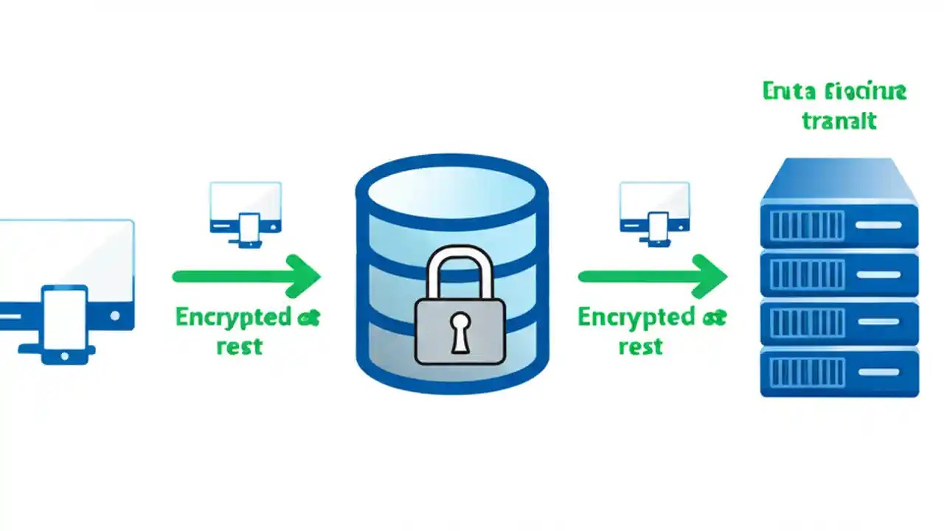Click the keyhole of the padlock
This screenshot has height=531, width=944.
460,330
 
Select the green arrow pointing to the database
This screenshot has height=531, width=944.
246,277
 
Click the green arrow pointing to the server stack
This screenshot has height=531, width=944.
653,277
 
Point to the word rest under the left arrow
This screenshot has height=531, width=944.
240,346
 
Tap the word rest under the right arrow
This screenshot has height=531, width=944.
640,346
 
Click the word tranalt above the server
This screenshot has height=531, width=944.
839,120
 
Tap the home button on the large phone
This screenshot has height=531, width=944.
64,355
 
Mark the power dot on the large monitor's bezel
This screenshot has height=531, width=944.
114,315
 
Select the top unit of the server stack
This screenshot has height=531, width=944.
839,224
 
